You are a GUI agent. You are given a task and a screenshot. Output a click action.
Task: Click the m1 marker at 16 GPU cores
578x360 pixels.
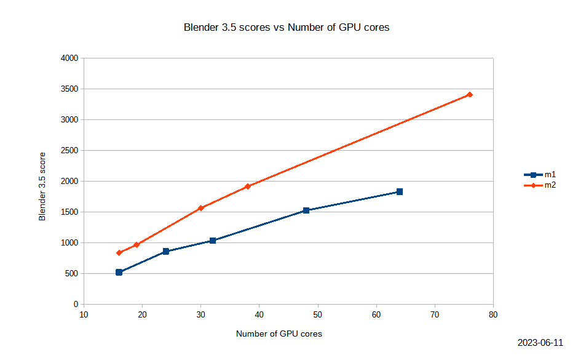pos(119,272)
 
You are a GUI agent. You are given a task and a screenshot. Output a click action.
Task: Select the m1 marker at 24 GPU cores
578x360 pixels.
pos(166,252)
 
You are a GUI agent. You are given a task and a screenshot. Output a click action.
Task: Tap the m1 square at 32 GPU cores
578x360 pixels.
pos(213,241)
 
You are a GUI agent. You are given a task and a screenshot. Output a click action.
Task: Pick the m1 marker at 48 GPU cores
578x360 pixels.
pos(306,210)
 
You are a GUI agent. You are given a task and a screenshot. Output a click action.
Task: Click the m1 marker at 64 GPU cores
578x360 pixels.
pos(400,192)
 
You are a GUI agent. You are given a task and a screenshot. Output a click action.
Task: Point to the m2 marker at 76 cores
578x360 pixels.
pos(470,95)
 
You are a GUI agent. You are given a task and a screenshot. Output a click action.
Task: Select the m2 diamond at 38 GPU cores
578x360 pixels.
pos(248,186)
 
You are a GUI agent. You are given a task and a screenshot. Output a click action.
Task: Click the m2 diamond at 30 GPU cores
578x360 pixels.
pos(200,208)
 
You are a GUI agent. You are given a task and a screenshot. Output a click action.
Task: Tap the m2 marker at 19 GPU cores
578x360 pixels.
pos(137,245)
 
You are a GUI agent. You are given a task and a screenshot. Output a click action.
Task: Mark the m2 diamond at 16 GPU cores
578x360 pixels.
pos(119,253)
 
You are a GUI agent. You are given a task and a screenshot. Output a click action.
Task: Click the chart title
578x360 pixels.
pos(287,28)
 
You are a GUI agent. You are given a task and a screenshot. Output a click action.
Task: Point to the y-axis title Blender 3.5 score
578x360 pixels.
pos(42,186)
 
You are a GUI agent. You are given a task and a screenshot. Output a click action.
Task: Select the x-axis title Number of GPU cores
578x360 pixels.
pos(279,334)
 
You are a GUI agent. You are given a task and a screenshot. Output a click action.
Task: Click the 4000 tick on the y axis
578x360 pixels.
pos(69,58)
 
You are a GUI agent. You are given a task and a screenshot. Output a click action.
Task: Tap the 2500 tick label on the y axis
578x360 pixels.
pos(69,151)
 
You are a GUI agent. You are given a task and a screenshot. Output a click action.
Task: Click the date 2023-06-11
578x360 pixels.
pos(540,343)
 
